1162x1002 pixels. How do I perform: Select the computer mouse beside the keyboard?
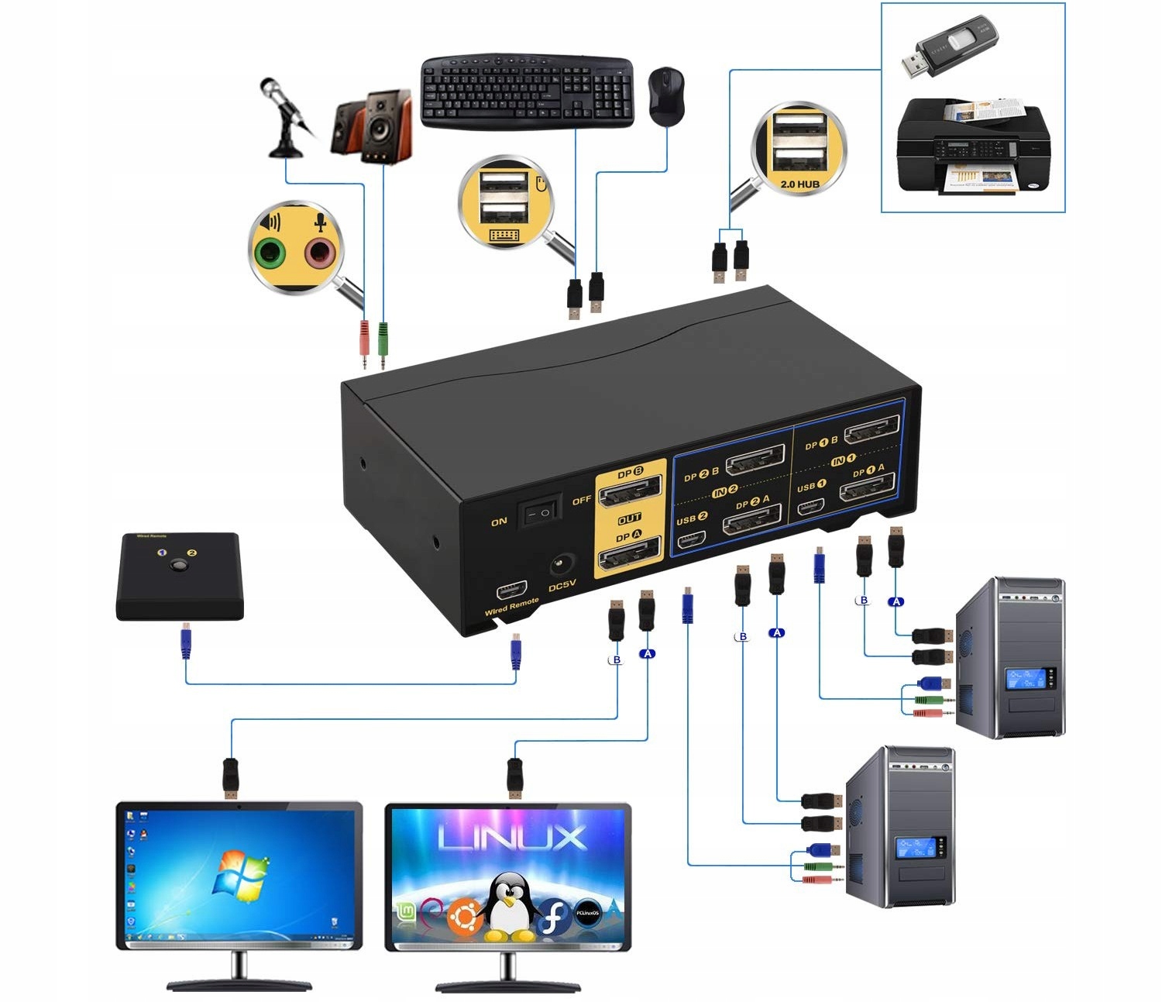point(665,95)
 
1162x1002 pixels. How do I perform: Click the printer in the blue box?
point(972,146)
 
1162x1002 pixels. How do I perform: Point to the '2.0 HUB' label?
point(799,184)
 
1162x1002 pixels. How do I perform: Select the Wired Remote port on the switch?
point(512,591)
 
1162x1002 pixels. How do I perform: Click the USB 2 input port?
point(690,539)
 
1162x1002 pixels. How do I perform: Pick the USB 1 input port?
point(810,507)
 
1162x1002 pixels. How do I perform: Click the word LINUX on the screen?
point(512,838)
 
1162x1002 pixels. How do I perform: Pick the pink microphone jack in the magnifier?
point(318,251)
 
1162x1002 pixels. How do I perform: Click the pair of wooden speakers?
point(373,126)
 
